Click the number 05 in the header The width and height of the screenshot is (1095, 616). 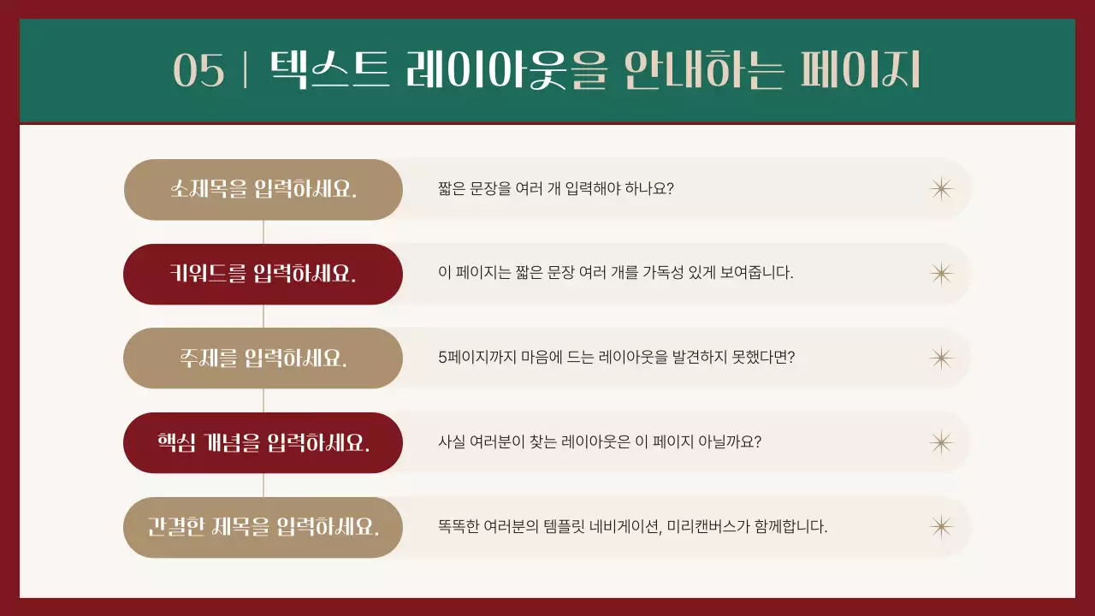tap(198, 70)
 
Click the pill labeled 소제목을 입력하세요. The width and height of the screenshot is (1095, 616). tap(263, 189)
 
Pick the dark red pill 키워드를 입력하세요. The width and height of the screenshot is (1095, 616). tap(263, 274)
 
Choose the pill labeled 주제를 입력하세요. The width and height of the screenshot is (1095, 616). tap(263, 358)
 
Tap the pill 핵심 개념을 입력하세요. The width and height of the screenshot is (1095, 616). tap(263, 442)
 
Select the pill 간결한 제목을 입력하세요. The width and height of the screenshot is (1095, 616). tap(263, 526)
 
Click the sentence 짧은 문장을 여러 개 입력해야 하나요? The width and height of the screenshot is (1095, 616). tap(556, 188)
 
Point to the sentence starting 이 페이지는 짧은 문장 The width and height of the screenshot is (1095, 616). tap(616, 273)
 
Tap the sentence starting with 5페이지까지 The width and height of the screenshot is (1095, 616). tap(616, 358)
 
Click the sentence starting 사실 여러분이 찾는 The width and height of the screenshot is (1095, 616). tap(600, 442)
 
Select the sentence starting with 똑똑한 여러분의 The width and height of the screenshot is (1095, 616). tap(632, 526)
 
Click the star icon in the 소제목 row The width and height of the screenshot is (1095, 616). tap(941, 188)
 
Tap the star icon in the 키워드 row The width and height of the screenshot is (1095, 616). tap(941, 273)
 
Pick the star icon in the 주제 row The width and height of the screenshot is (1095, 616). tap(941, 358)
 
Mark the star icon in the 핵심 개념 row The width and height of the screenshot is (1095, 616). tap(941, 442)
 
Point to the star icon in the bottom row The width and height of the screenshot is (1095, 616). tap(941, 526)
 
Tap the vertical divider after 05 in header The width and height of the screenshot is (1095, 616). tap(246, 70)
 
